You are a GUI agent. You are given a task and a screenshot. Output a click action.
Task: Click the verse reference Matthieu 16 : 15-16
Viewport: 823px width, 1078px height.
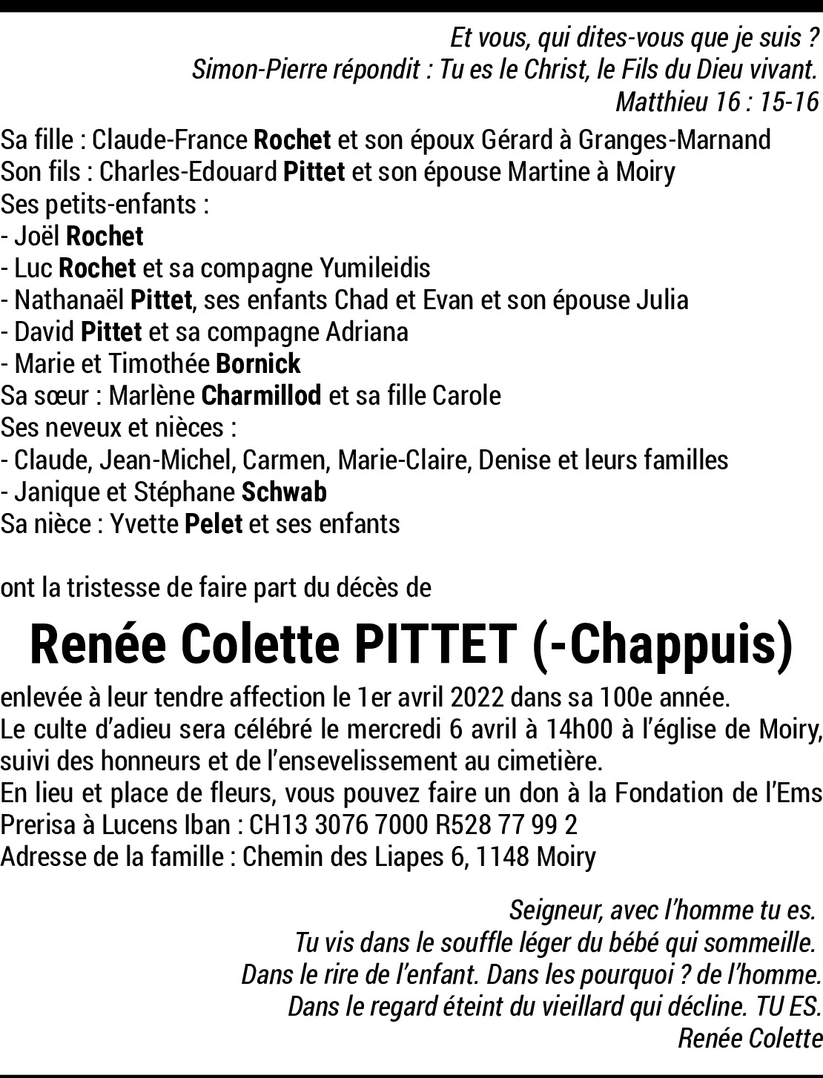(716, 102)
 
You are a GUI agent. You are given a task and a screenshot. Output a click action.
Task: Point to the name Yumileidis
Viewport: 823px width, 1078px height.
(374, 268)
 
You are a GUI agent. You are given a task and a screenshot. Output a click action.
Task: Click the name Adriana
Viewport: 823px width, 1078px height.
(367, 331)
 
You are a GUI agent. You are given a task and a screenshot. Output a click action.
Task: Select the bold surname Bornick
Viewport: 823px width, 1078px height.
(258, 364)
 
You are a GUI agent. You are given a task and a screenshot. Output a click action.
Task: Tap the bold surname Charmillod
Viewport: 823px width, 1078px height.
(261, 396)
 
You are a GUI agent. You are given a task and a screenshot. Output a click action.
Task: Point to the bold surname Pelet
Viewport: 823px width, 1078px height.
(214, 524)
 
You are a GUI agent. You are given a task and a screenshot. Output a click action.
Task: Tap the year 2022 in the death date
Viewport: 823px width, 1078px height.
(484, 698)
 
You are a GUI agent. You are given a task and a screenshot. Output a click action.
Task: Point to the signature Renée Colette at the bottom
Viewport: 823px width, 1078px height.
(750, 1039)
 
